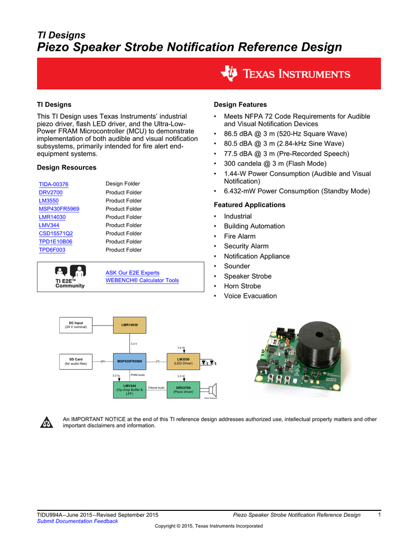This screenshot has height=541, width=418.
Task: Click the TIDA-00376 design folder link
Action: click(x=53, y=184)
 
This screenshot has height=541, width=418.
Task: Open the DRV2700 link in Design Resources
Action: click(x=50, y=192)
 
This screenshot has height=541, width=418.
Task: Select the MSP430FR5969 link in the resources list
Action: click(x=59, y=209)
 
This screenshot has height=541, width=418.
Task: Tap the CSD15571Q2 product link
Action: click(x=55, y=234)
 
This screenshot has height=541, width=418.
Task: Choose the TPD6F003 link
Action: click(x=52, y=250)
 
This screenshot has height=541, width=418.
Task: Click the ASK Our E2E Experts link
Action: click(x=132, y=273)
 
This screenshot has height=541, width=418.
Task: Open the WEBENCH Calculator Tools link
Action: click(x=142, y=281)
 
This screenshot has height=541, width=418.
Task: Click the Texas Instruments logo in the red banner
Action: click(x=286, y=74)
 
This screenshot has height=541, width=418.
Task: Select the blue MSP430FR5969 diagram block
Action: click(x=129, y=361)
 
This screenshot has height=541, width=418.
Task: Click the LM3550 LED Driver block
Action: click(x=183, y=361)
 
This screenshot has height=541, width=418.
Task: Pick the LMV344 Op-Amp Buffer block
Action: click(x=129, y=390)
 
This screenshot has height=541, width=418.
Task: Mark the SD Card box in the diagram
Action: click(x=76, y=361)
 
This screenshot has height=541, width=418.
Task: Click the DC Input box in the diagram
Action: click(x=76, y=325)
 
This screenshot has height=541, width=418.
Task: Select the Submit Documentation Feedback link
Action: click(x=77, y=521)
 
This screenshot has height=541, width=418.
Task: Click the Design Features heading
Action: click(x=240, y=105)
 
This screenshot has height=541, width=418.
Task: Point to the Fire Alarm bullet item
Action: click(x=239, y=236)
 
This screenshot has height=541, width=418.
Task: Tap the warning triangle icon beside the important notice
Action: click(x=47, y=423)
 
